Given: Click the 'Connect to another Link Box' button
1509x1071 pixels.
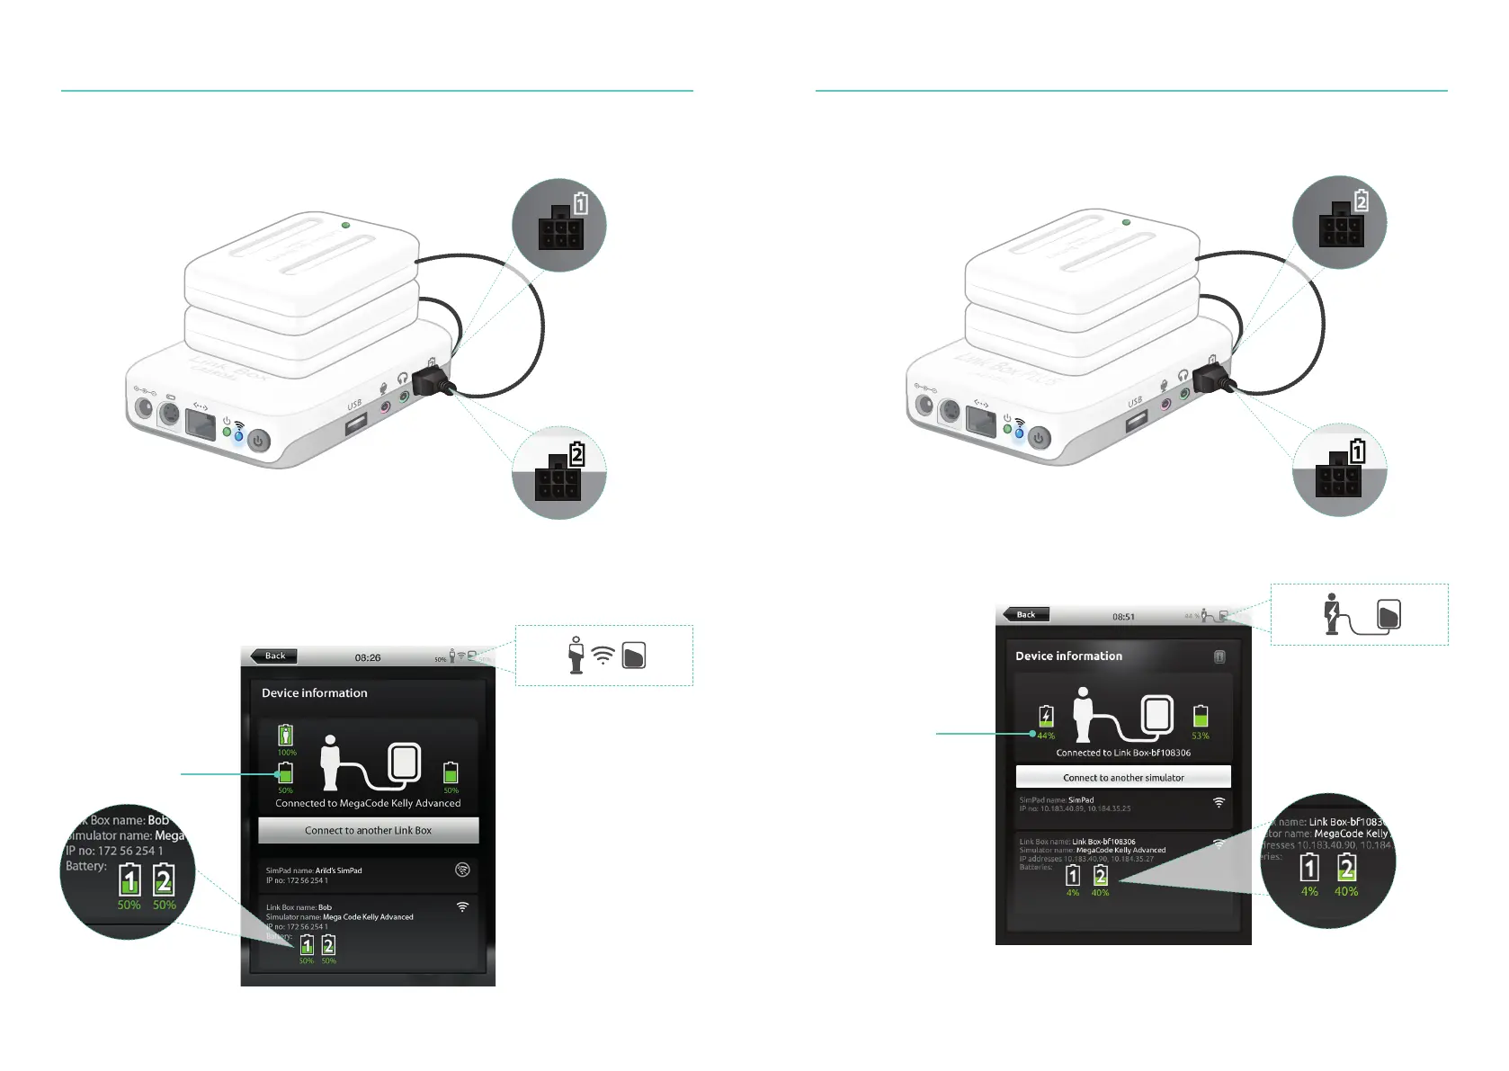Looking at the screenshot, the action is (x=368, y=830).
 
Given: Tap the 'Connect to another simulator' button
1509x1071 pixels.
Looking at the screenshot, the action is (x=1123, y=777).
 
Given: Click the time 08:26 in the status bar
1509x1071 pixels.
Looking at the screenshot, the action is (x=367, y=657).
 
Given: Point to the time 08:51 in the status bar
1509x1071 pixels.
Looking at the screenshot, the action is (x=1123, y=617).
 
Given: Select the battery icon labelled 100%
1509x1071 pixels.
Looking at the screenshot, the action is (x=285, y=735).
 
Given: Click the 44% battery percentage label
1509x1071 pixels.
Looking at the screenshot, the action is (x=1046, y=736).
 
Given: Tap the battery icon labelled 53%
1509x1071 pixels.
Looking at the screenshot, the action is (x=1201, y=716).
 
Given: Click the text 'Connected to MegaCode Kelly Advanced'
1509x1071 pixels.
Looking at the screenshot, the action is (x=368, y=803).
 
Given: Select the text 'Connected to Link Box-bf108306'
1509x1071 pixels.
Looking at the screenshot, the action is (x=1123, y=753).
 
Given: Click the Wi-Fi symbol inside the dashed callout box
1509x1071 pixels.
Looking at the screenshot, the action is (x=603, y=656).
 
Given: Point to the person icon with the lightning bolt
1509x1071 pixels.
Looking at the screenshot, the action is (x=1332, y=613).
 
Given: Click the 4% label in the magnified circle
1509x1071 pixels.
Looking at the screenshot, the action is (x=1309, y=891).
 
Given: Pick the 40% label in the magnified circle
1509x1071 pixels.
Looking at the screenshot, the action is (x=1346, y=891).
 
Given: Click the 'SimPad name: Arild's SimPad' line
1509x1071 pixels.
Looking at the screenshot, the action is (x=314, y=870).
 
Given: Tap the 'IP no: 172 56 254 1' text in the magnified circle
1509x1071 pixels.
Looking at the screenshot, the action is (x=114, y=851).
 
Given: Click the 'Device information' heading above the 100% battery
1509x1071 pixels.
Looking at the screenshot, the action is (x=314, y=692).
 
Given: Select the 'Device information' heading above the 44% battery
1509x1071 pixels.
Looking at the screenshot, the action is (x=1068, y=656).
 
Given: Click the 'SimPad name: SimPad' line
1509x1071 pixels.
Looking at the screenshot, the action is (x=1056, y=799).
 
